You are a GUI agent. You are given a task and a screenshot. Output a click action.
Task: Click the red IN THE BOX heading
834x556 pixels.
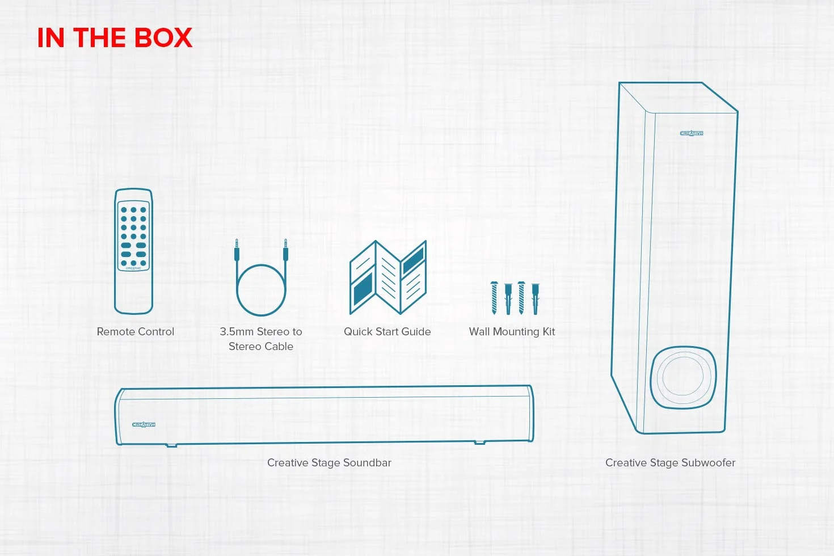(115, 37)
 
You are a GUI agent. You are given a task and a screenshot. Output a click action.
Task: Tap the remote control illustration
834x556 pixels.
(134, 251)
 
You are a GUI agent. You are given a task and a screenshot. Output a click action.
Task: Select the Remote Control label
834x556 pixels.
(135, 331)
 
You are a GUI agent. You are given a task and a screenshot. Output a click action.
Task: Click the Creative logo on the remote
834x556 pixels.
(134, 268)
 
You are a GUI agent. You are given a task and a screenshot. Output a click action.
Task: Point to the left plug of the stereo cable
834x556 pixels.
(237, 250)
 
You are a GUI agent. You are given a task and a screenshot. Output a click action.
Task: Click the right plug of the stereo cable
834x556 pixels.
(285, 250)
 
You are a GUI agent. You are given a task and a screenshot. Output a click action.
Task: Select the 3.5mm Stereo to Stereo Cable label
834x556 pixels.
(260, 339)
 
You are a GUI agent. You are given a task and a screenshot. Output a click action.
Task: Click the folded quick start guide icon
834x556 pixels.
(388, 277)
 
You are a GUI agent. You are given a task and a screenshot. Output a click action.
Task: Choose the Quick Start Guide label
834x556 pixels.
(387, 331)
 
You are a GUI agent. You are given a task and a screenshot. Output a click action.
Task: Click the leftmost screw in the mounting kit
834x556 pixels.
(494, 298)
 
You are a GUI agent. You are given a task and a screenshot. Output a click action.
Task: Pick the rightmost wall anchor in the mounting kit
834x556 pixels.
(536, 299)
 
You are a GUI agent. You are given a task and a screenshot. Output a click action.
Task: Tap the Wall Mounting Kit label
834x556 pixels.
(512, 331)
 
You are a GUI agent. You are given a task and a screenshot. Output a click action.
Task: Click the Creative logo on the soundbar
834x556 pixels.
(144, 424)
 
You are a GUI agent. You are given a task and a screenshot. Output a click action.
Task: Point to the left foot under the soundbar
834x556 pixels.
(171, 445)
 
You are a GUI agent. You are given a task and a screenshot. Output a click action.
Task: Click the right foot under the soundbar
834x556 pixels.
(479, 443)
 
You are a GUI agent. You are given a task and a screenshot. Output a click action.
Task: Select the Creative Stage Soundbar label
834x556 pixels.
(329, 462)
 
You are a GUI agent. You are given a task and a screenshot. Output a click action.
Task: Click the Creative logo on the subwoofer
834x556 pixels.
(692, 133)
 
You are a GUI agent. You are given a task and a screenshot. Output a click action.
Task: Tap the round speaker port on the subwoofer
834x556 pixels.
(683, 377)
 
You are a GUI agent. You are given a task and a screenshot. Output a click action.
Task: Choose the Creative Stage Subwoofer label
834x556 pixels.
(670, 462)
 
